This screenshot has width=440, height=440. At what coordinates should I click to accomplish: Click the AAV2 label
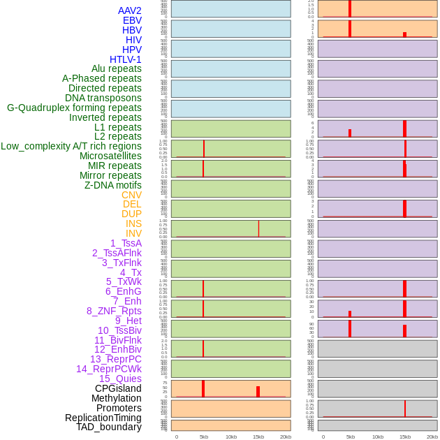coord(130,10)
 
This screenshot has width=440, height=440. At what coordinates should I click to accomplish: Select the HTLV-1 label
coord(126,59)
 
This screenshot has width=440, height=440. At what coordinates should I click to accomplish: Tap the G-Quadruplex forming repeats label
coord(74,108)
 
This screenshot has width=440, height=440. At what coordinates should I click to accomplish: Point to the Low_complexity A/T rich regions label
coord(71,146)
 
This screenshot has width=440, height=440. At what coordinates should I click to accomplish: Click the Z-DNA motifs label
coord(113,185)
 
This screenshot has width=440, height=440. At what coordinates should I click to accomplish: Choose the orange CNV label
coord(131,195)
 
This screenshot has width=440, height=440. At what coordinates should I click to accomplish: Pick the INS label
coord(133,223)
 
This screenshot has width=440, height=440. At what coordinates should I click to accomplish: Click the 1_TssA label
coord(126,243)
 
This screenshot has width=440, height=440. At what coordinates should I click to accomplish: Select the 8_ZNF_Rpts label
coord(114,311)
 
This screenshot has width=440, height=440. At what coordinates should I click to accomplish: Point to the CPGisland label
coord(118,388)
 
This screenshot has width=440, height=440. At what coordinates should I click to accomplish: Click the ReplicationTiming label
coord(103,418)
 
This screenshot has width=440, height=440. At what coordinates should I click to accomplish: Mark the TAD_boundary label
coord(109,427)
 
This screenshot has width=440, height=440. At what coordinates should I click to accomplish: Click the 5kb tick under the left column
coord(203,437)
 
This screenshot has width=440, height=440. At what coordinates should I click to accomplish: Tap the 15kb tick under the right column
coord(404,437)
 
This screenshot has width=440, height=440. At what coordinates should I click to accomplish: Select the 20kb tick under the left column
coord(285,437)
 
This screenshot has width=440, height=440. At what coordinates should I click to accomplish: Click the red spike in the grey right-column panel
coord(404,408)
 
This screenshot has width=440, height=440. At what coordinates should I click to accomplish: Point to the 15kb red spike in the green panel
coord(258,228)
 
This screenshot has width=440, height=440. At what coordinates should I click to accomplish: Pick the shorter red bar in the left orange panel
coord(258,392)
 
